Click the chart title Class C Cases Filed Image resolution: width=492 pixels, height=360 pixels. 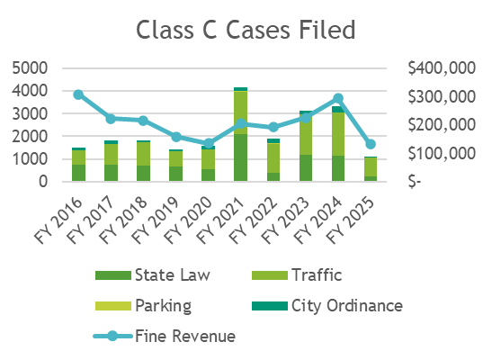pos(246,30)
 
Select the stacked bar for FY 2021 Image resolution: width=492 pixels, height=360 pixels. pos(241,135)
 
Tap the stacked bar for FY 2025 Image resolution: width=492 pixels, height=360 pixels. pos(371,169)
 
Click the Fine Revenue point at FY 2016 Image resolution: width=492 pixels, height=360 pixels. pos(78,94)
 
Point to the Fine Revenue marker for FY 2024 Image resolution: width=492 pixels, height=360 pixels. pos(338,98)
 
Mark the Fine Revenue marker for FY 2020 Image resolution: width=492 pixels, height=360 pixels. pos(209,143)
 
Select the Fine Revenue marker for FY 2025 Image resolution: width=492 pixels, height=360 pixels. pos(371,144)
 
